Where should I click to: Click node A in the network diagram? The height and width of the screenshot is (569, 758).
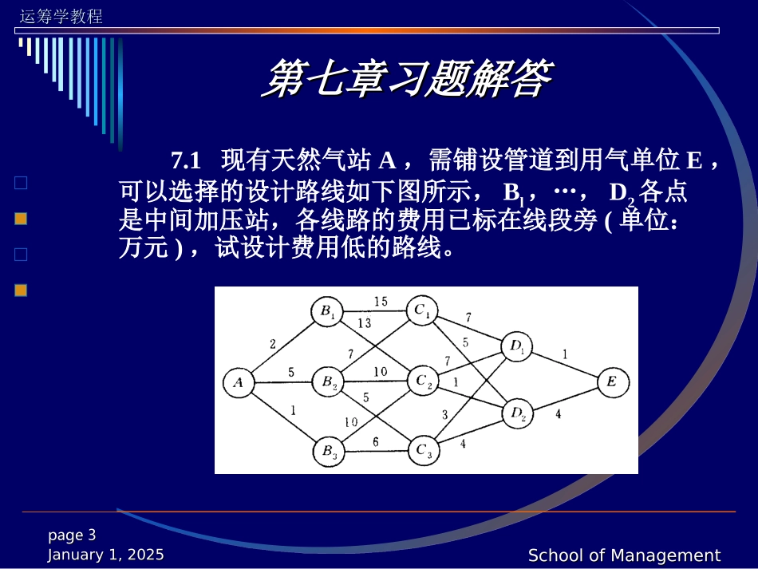point(238,383)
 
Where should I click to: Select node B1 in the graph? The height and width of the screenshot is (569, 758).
point(328,312)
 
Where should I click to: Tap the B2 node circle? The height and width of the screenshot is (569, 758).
point(328,382)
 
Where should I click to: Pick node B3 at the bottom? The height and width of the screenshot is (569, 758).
point(328,451)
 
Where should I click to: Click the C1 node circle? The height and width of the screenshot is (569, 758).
point(422,311)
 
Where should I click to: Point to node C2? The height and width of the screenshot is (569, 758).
point(423,381)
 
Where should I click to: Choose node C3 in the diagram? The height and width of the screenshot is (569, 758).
point(423,451)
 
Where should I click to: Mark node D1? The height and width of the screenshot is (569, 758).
point(517,347)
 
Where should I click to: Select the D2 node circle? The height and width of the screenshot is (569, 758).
point(517,414)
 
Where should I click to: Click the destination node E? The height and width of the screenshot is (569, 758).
point(611,382)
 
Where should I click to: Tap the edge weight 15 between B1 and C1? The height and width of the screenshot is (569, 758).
point(380,302)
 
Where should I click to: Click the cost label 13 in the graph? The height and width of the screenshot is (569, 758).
point(364,323)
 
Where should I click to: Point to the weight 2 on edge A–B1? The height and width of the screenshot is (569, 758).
point(272,345)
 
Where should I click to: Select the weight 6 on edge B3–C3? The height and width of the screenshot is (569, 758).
point(375,442)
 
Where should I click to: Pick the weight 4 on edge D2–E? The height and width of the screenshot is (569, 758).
point(558,414)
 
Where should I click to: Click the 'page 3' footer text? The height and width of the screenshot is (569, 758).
point(72,535)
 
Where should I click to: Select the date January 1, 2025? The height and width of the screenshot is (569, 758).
point(105,554)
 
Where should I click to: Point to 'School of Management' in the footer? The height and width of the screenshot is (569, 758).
point(624,555)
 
